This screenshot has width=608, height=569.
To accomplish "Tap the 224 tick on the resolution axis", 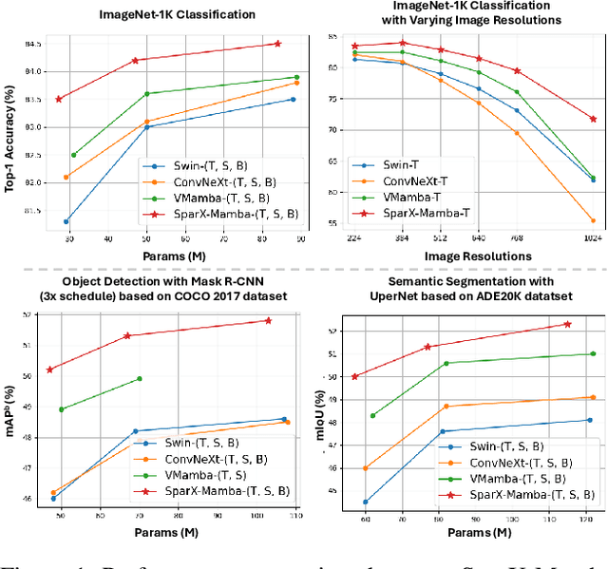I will tap(354, 237).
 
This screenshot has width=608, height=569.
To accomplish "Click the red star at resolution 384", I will tap(402, 43).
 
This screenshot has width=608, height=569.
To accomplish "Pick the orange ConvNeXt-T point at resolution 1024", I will tap(593, 221).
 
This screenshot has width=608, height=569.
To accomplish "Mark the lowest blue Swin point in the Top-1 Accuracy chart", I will tap(66, 221).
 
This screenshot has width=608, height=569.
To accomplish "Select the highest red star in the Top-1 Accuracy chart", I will tap(277, 44).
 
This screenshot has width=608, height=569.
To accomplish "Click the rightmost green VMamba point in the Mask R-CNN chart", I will tap(140, 379).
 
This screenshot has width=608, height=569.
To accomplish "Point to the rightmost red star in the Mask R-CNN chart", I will tap(268, 320).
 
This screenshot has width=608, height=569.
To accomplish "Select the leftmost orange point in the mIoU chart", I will tap(366, 468).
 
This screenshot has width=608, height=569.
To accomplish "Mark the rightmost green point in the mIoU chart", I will tap(593, 353).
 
